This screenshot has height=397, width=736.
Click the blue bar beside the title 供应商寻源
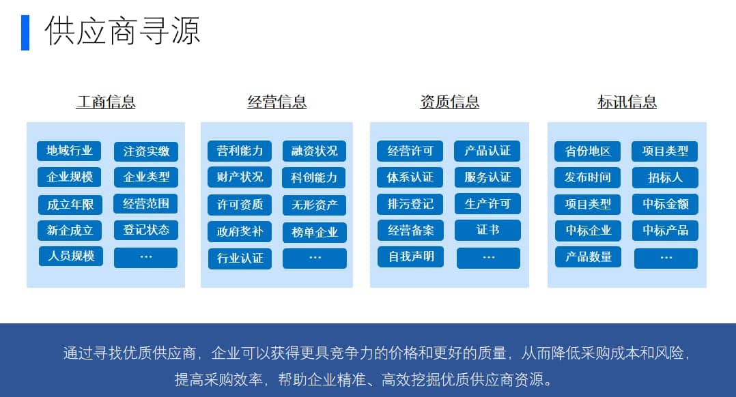tap(25, 32)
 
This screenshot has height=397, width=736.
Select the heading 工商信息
tap(106, 102)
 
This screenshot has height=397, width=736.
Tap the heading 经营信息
tap(277, 102)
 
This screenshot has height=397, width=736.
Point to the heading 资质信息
tap(450, 102)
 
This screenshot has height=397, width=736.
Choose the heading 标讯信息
tap(627, 102)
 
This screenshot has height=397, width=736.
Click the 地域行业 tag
tap(69, 151)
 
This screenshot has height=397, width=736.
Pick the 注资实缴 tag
tap(146, 151)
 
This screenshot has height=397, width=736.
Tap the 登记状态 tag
tap(146, 230)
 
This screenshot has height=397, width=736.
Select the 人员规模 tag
tap(71, 256)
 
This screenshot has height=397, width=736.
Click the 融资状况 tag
tap(315, 151)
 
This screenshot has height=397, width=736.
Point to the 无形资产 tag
tap(315, 205)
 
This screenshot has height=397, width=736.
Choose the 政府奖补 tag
tap(240, 231)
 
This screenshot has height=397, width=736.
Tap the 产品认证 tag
tap(487, 151)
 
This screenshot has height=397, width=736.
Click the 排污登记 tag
tap(410, 204)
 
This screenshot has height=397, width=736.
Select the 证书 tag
tap(487, 230)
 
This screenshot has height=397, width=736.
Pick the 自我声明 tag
tap(411, 257)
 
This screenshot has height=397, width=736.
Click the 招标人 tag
tap(665, 177)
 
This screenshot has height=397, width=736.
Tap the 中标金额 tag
tap(665, 204)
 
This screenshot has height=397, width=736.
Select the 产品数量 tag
tap(588, 257)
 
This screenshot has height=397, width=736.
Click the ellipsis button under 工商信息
tap(146, 257)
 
